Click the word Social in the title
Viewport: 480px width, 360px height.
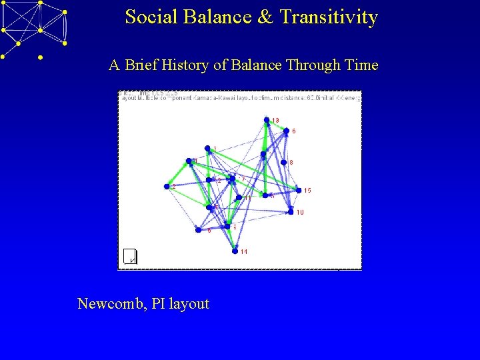[147, 17]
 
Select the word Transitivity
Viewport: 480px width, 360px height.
[329, 17]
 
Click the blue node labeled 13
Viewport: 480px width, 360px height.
[267, 120]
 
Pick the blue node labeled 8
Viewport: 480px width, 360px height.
[283, 162]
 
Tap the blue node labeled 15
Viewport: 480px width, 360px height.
[298, 190]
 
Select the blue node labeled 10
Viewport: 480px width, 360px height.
[291, 212]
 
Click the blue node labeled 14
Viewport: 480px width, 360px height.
[235, 251]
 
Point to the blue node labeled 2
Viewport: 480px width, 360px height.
[167, 187]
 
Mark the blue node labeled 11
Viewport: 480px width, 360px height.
[238, 197]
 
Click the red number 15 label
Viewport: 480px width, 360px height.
[307, 191]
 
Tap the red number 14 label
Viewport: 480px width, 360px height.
[244, 252]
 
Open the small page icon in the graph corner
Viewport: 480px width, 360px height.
[130, 255]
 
